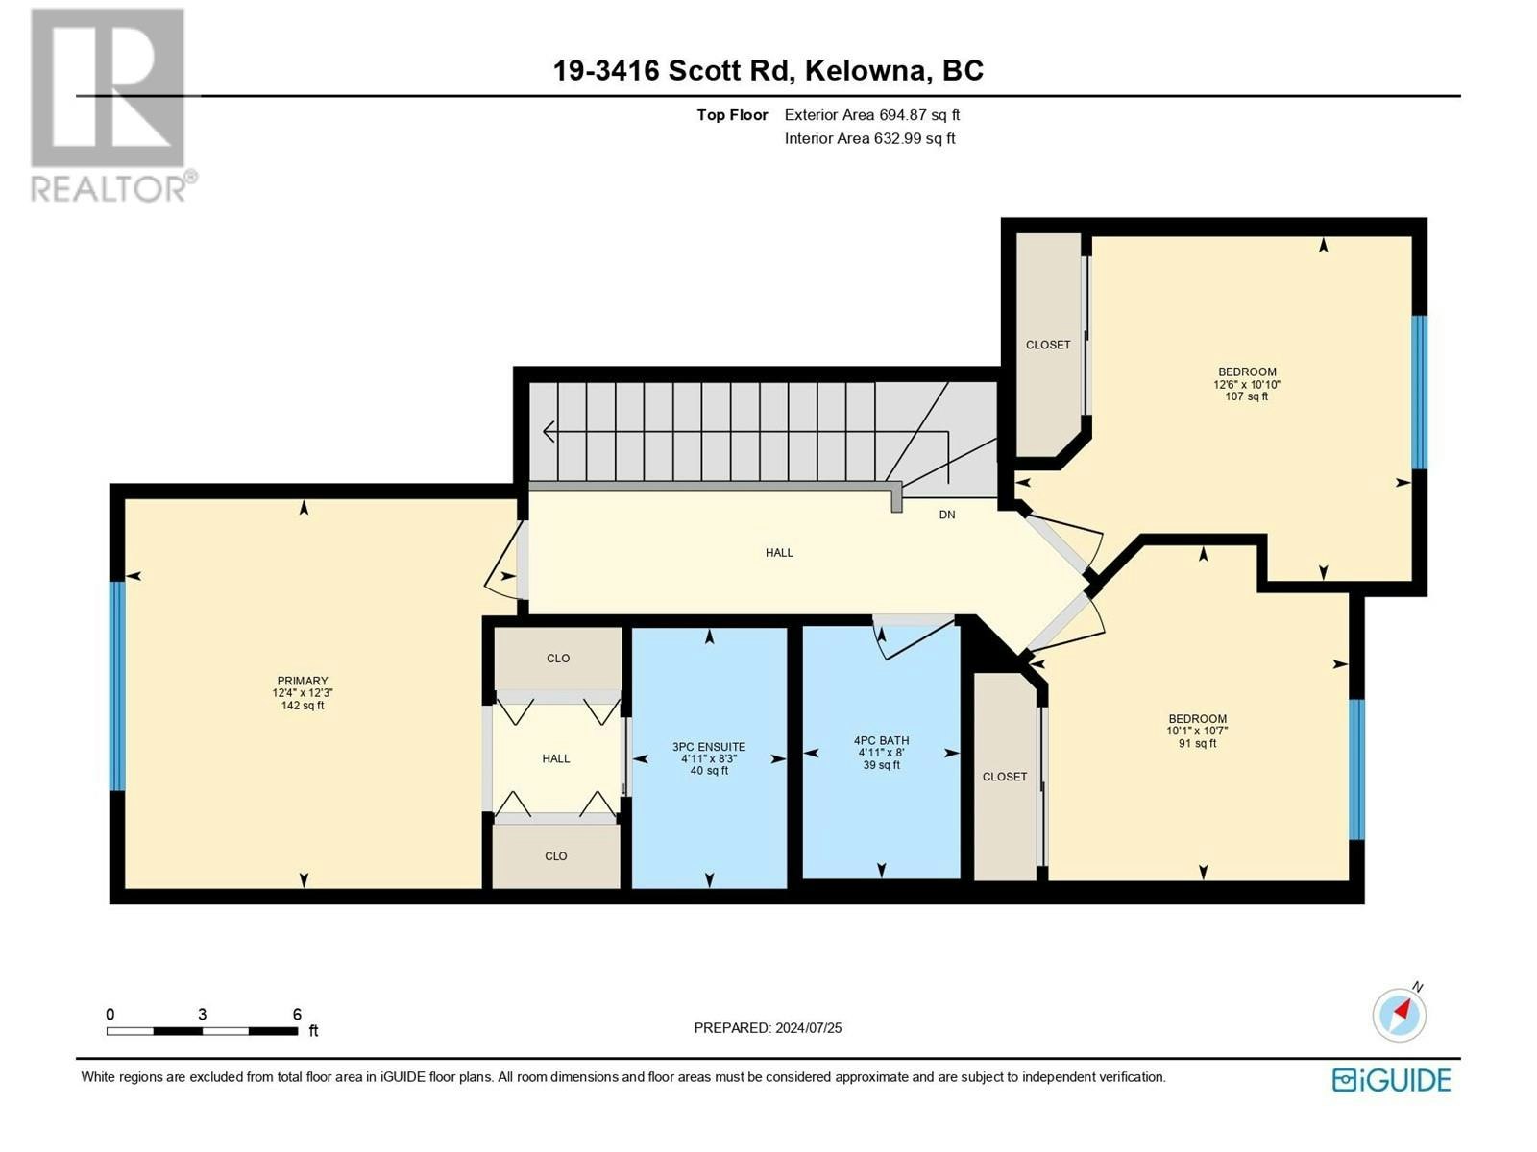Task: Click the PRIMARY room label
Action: click(x=303, y=681)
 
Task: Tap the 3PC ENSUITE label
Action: click(x=709, y=747)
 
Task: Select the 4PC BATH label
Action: click(x=881, y=741)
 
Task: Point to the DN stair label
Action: click(x=947, y=515)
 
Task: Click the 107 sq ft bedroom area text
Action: click(x=1246, y=396)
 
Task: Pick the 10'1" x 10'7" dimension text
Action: click(x=1197, y=731)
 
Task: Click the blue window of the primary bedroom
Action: click(x=117, y=685)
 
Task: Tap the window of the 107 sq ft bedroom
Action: click(x=1419, y=392)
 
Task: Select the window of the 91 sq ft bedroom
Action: click(x=1356, y=769)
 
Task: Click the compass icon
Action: click(x=1399, y=1015)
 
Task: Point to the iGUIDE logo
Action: click(x=1391, y=1080)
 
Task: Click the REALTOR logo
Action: click(x=112, y=105)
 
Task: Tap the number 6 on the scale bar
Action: click(x=297, y=1014)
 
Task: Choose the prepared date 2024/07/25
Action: click(x=808, y=1028)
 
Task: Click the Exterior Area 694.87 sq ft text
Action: click(x=872, y=115)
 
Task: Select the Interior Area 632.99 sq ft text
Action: click(x=869, y=138)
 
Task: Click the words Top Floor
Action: click(x=732, y=115)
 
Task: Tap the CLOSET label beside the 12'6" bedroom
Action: click(x=1047, y=345)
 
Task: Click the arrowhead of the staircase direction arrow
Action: click(x=549, y=432)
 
